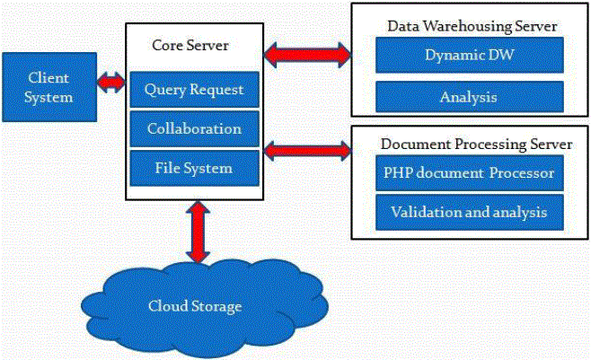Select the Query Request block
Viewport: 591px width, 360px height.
coord(194,90)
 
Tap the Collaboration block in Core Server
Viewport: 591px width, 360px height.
coord(194,128)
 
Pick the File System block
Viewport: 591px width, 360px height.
coord(194,168)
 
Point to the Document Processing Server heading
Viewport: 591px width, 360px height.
coord(476,144)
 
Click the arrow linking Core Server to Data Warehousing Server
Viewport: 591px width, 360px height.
coord(307,55)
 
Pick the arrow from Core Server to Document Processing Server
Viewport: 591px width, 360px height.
coord(307,149)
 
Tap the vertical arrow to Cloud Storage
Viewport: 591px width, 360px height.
coord(198,232)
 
